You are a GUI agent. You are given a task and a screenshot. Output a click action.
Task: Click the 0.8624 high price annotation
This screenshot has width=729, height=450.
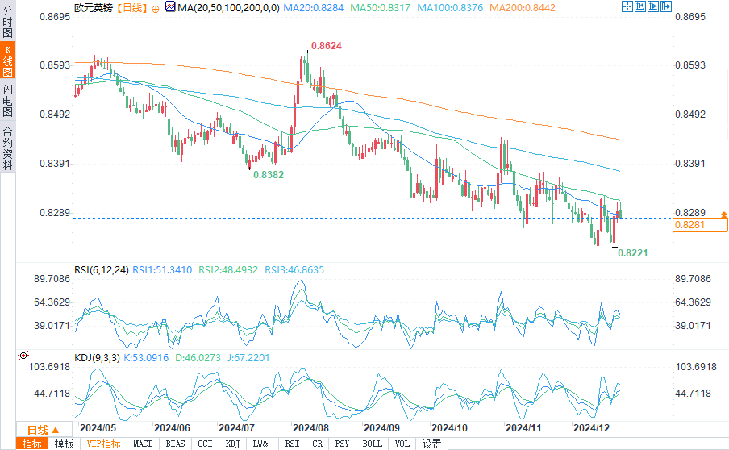point(327,46)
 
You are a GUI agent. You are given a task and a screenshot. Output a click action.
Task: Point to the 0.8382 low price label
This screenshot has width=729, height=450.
point(269,173)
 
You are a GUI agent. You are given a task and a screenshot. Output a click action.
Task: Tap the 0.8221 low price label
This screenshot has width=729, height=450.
point(633,252)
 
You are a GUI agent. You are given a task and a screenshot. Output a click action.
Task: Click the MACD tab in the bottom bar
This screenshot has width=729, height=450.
point(143,444)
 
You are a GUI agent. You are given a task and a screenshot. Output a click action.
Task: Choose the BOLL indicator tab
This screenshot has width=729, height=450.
point(372,444)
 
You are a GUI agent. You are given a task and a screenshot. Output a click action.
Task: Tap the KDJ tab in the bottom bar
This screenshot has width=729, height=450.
point(232,444)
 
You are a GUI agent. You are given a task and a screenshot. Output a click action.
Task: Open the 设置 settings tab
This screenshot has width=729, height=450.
point(431,444)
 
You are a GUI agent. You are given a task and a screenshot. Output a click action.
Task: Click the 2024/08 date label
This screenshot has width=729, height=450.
point(310,427)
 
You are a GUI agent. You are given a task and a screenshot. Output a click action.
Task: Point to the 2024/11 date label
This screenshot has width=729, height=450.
point(519,427)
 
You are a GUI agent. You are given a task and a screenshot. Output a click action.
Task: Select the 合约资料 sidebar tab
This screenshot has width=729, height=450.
point(7,148)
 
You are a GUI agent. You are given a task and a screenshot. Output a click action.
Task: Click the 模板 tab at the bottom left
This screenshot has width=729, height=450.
point(64,444)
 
